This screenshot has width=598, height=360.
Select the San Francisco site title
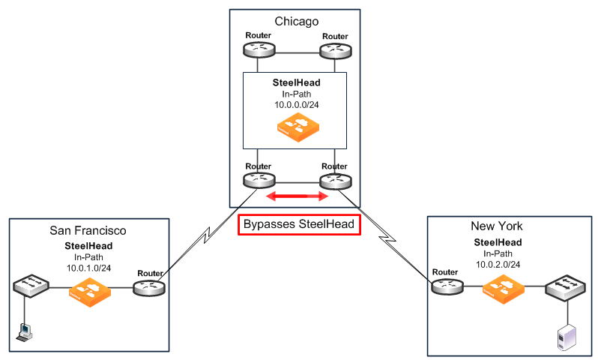87,230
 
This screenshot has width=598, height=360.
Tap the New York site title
497,226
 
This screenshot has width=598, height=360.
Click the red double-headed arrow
298,196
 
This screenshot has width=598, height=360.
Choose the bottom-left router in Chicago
259,181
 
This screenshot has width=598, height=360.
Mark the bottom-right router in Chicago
334,181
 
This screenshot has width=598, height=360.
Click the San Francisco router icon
149,286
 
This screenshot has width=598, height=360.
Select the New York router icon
446,286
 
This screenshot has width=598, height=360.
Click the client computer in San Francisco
25,331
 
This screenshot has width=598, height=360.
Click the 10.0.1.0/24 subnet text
87,265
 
